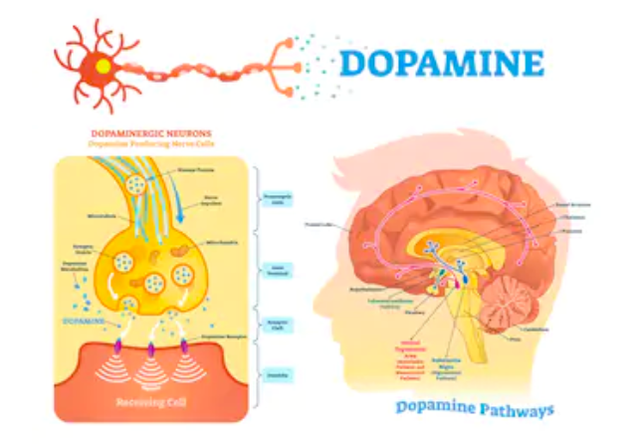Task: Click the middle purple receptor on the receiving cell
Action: click(x=149, y=352)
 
